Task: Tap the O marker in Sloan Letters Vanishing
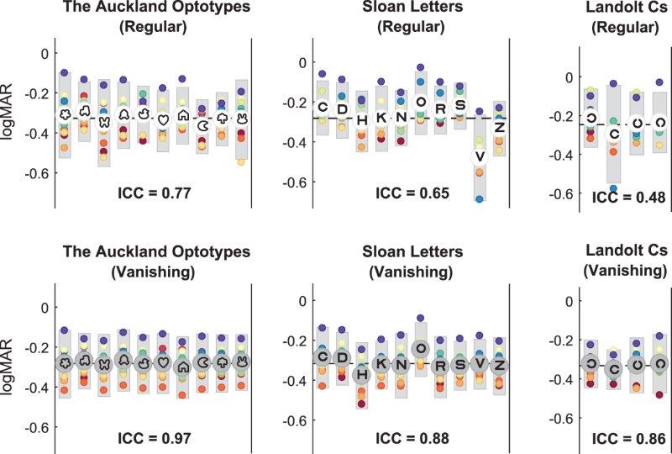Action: [421, 348]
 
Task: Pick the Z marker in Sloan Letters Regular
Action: [500, 127]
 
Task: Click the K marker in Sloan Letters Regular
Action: [381, 118]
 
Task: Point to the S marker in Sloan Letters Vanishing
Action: [460, 366]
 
